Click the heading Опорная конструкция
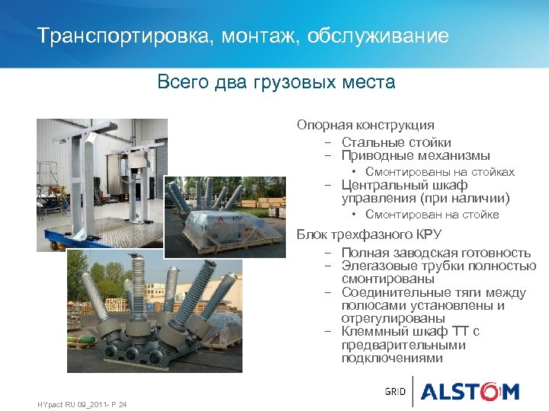[x=365, y=125]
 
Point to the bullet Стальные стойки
[x=396, y=142]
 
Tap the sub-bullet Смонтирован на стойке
[x=432, y=215]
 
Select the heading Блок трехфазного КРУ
[x=369, y=234]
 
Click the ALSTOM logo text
[x=470, y=392]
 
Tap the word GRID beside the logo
[x=395, y=392]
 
